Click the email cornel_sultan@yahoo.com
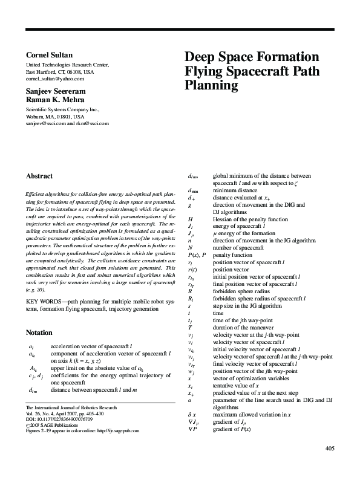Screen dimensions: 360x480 [x=54, y=79]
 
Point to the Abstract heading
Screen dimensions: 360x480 [x=39, y=177]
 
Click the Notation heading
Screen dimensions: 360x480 [x=40, y=332]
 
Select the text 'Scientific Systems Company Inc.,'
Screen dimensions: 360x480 [x=62, y=109]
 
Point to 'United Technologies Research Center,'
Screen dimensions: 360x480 [x=67, y=65]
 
